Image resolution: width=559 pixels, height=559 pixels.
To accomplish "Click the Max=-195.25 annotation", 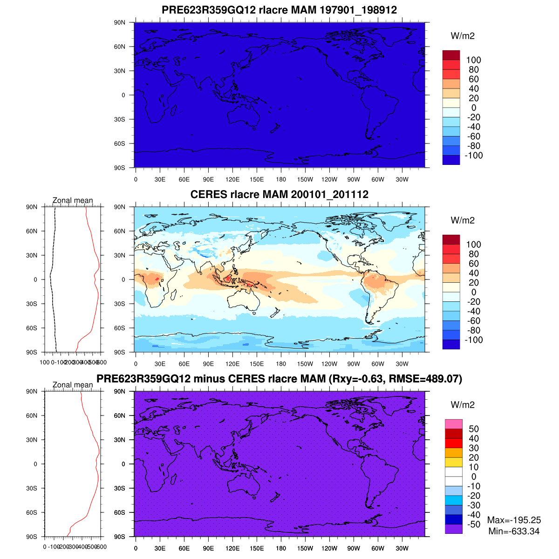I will pos(514,520).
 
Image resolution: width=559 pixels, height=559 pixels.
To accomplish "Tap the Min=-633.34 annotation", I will pos(514,531).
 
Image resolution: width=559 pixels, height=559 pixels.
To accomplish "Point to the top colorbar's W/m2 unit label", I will pos(463,36).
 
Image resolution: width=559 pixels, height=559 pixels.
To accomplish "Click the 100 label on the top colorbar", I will pos(473,60).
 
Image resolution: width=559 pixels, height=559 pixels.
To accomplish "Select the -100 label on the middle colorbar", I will pos(473,340).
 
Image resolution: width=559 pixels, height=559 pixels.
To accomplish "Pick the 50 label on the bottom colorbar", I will pos(473,429).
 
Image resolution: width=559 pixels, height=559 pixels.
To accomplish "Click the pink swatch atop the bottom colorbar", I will pos(453,424).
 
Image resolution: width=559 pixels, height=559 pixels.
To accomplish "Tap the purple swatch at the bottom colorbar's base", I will pos(453,529).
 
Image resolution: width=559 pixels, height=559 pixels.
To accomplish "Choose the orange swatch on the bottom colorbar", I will pos(453,452).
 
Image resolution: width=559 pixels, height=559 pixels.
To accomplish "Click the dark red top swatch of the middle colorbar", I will pos(451,239).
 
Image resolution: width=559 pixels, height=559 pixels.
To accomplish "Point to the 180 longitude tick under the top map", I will pos(281,179).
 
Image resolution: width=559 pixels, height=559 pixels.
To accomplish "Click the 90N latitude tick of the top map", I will pos(120,22).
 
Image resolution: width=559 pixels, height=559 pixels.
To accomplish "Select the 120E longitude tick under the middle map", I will pos(232,364).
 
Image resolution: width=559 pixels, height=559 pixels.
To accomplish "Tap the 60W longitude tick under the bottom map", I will pos(378,548).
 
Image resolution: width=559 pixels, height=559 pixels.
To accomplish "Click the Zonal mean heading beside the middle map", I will pos(73,200).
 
